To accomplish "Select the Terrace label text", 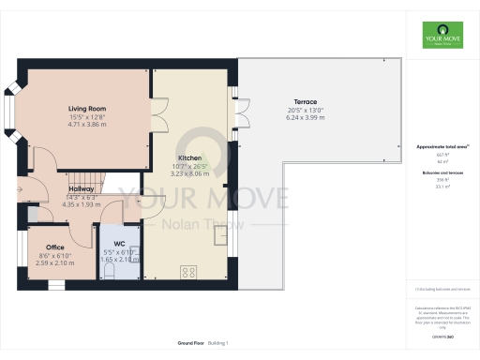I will pos(306,101).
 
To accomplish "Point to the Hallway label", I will pos(81,187).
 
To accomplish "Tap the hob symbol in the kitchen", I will pos(188,272).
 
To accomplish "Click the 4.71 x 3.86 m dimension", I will pos(86,125).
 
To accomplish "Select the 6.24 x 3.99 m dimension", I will pos(306,118).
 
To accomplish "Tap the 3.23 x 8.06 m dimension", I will pos(192,174).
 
